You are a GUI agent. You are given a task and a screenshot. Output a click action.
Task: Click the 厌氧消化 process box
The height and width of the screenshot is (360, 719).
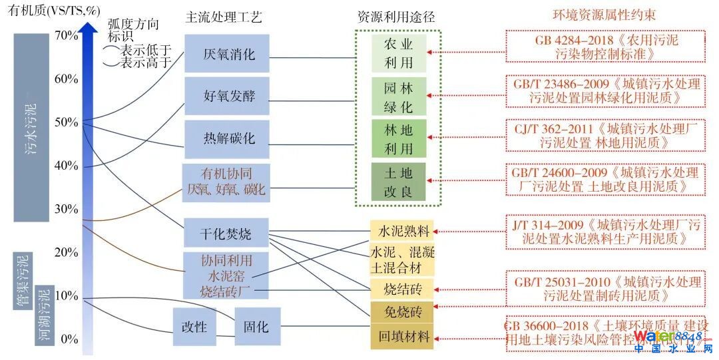pos(227,53)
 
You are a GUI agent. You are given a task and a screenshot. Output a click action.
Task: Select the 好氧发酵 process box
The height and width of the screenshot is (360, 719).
pos(227,96)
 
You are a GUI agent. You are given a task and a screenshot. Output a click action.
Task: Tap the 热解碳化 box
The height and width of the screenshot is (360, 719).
pos(227,138)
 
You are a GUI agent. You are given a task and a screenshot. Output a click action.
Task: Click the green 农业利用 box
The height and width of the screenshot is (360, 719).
pos(398,53)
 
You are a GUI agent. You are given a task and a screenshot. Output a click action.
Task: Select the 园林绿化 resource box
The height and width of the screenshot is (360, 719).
pos(398,96)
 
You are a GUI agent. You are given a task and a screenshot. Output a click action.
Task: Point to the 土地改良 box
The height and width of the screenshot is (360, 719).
pos(398,183)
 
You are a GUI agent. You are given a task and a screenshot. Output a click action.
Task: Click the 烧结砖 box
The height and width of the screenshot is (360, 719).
pos(401,288)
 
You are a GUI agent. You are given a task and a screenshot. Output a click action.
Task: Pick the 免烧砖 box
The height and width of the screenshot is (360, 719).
pos(401,311)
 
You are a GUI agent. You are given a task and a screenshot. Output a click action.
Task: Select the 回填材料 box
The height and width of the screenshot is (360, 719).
pos(401,335)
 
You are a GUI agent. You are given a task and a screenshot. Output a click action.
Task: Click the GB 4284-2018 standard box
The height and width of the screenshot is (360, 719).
pos(606,47)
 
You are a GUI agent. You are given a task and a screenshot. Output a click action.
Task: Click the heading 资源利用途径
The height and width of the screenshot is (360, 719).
pos(396,17)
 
